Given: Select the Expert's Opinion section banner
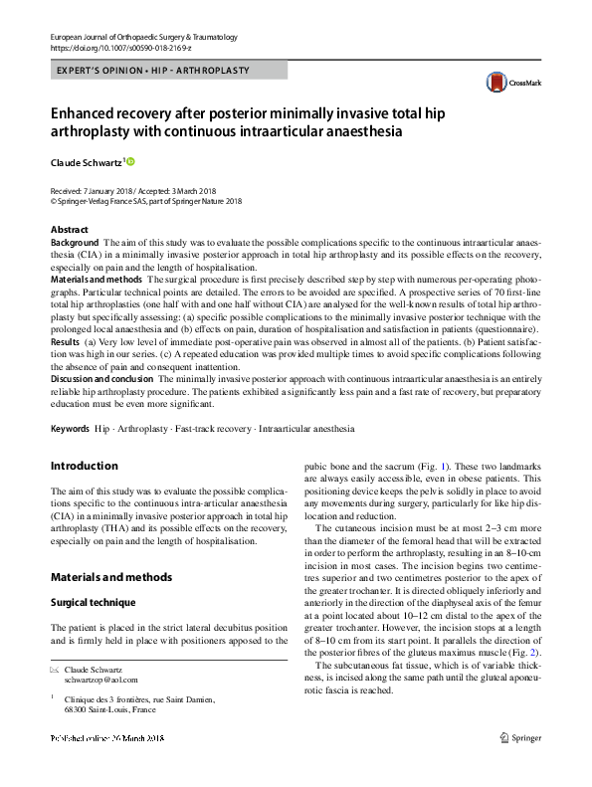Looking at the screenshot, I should click(150, 71).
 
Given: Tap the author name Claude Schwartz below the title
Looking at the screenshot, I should click(85, 161).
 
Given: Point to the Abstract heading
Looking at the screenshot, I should click(70, 230).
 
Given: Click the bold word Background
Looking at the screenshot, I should click(75, 243).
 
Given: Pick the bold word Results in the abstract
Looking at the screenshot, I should click(66, 340).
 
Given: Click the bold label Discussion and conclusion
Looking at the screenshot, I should click(101, 381).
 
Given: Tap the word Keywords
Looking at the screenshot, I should click(70, 429).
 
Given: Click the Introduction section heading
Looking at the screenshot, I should click(84, 466).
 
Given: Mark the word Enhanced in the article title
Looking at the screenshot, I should click(94, 114).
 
